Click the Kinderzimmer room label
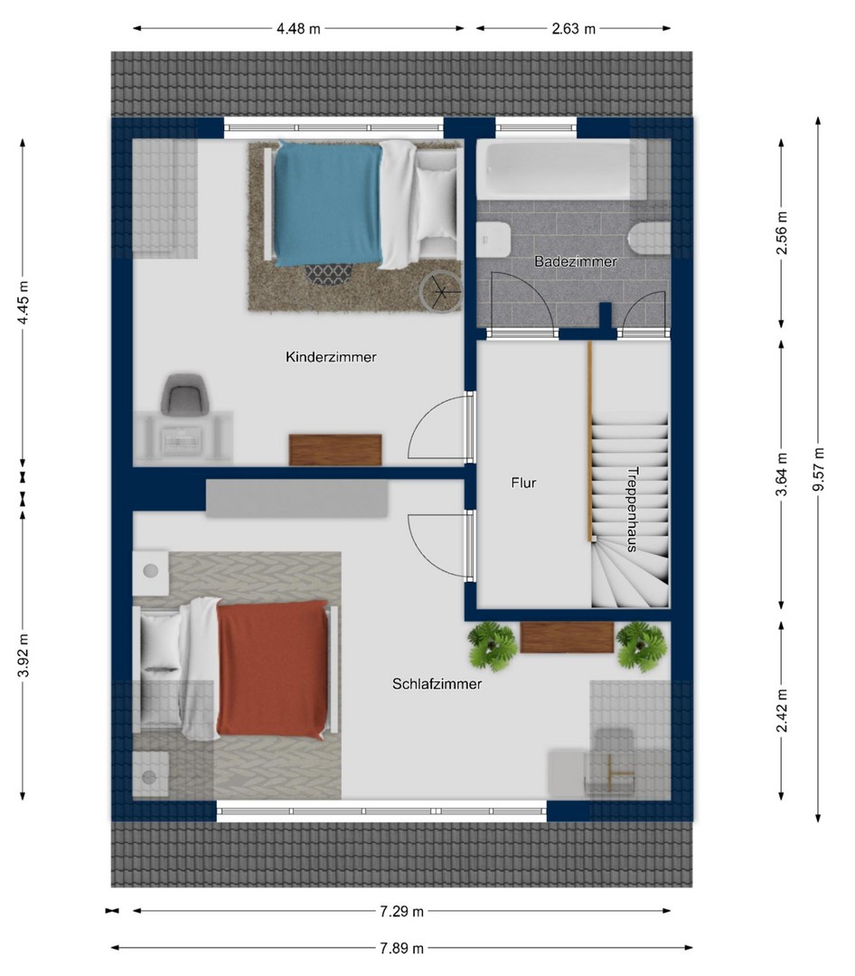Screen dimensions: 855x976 click(331, 357)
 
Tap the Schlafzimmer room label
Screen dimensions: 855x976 click(437, 684)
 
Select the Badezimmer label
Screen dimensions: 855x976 click(576, 261)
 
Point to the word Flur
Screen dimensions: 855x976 click(523, 483)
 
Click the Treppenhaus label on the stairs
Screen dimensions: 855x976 click(632, 509)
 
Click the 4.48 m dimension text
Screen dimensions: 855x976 click(298, 29)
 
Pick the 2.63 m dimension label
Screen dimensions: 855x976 click(574, 29)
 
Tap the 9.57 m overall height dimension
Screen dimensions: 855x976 click(818, 469)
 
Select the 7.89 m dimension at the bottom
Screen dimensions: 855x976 click(401, 948)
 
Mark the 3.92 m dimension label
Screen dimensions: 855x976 click(23, 655)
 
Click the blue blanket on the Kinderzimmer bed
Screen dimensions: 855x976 click(328, 203)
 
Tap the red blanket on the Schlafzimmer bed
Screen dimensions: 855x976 click(273, 669)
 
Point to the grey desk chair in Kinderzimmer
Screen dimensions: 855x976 click(184, 395)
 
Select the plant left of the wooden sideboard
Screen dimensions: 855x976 click(493, 646)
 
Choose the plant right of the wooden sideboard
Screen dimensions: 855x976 click(641, 646)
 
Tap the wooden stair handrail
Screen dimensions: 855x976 click(589, 441)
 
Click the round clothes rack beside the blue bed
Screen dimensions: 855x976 click(441, 292)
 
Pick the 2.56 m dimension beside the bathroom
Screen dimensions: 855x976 click(782, 233)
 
